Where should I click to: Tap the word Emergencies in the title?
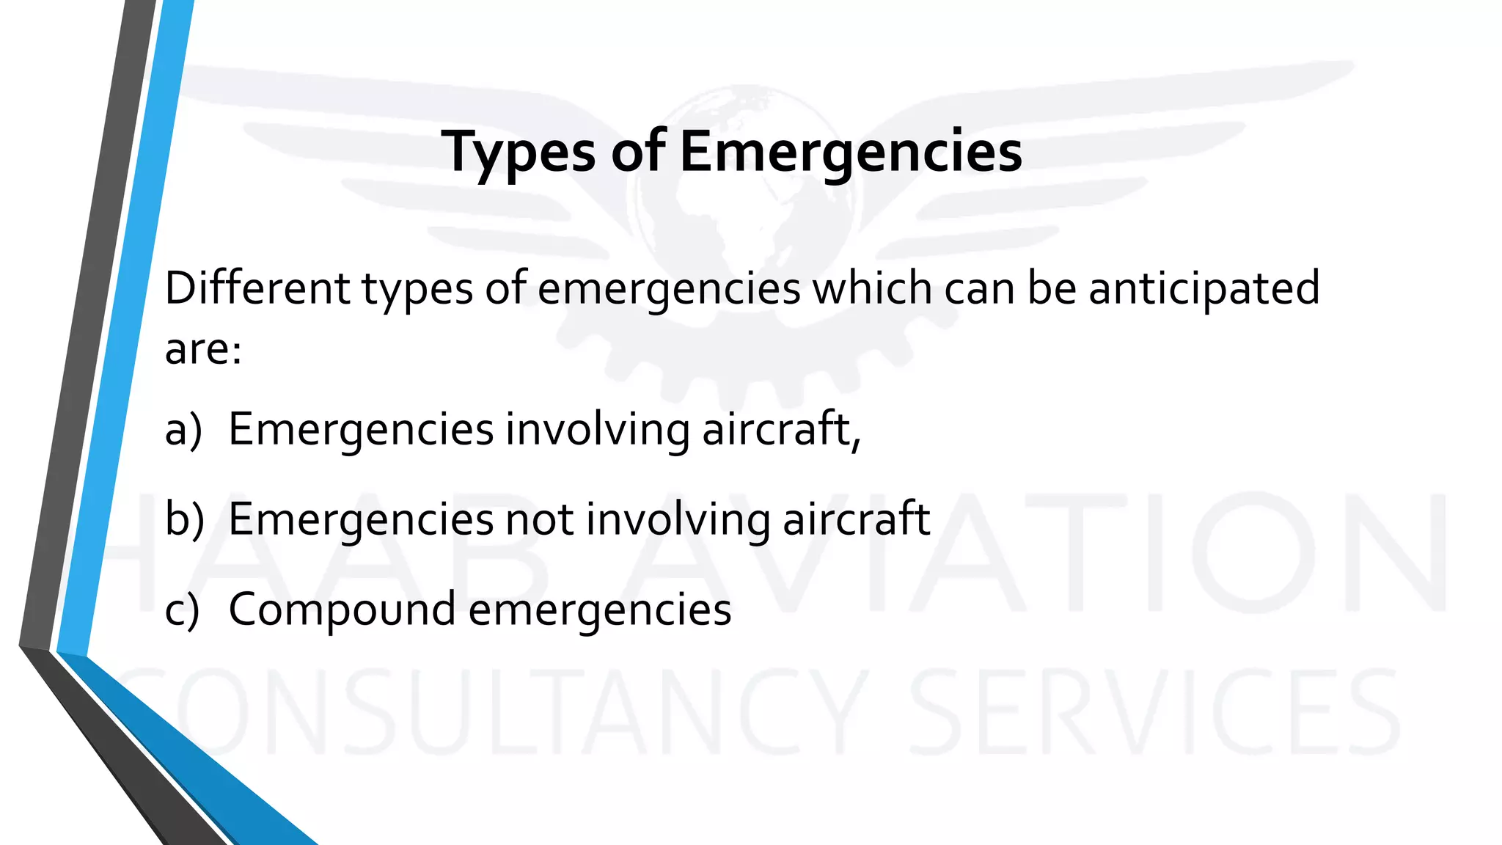(851, 153)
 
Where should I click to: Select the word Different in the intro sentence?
(257, 288)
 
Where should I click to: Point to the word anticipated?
(1204, 288)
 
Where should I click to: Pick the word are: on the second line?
(203, 348)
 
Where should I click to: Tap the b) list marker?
(184, 519)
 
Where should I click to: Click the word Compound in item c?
(342, 610)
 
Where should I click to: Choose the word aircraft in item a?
(781, 429)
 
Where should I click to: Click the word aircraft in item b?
(856, 519)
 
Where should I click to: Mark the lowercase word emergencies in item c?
(600, 610)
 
